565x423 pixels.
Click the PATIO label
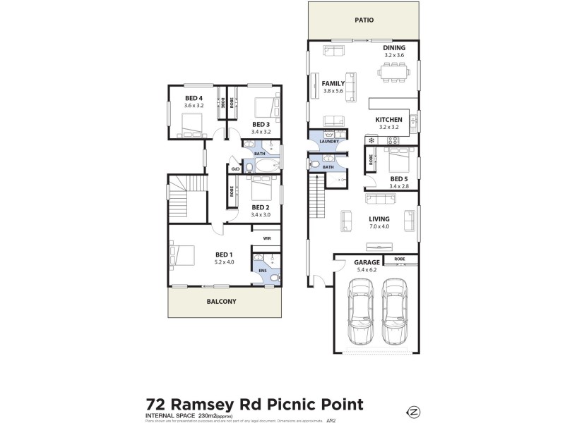[364, 21]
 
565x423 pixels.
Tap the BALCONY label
[222, 301]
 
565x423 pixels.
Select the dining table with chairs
[393, 70]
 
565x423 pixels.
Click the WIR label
[267, 239]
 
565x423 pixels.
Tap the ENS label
[262, 269]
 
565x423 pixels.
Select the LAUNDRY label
[328, 142]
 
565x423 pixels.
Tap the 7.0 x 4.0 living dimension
[380, 226]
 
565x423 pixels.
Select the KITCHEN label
[388, 120]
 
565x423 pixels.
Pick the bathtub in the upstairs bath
[267, 167]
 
